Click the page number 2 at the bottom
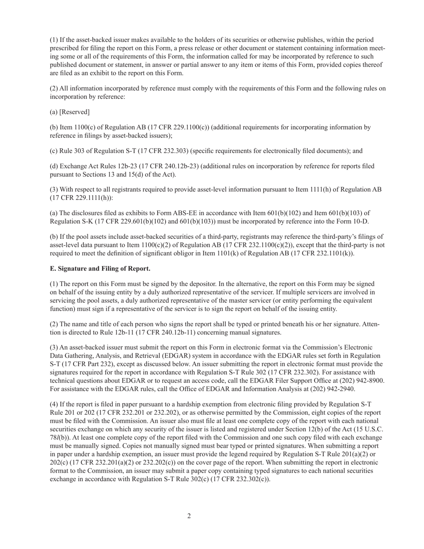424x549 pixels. click(x=189, y=516)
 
